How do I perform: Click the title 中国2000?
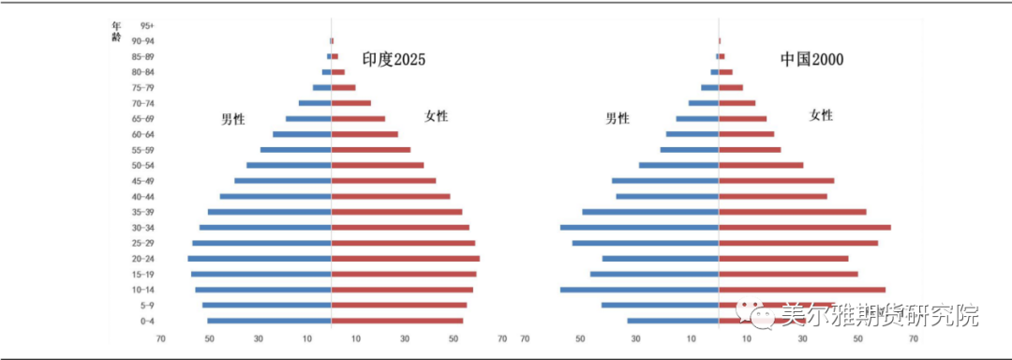(x=812, y=60)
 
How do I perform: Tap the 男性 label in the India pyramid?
(x=232, y=119)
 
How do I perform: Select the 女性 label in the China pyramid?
(x=821, y=115)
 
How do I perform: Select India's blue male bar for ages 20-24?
(x=260, y=259)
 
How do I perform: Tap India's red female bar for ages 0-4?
(x=397, y=321)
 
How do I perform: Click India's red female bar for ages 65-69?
(x=359, y=119)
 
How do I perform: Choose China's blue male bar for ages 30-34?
(x=639, y=228)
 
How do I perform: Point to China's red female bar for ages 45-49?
(x=776, y=181)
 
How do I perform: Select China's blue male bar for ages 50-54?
(x=678, y=165)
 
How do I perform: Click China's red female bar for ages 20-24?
(x=783, y=259)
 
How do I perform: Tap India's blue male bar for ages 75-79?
(x=321, y=87)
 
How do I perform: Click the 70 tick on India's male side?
(x=160, y=339)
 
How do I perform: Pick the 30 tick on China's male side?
(x=635, y=339)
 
